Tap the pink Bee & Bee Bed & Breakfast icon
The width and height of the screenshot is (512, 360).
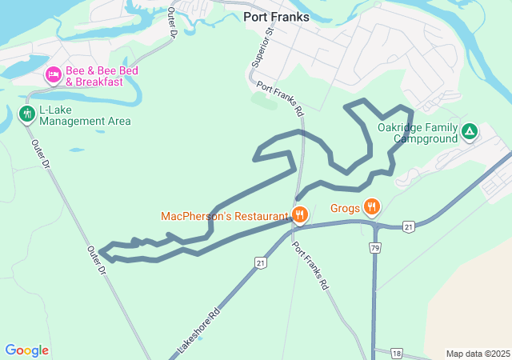(x=54, y=75)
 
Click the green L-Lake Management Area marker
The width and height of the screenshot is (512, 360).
(x=26, y=114)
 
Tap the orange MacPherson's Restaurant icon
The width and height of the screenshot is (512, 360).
(x=300, y=214)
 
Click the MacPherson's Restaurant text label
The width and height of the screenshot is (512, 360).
(x=224, y=216)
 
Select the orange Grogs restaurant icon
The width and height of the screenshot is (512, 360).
(x=371, y=207)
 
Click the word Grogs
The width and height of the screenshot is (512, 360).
(x=345, y=208)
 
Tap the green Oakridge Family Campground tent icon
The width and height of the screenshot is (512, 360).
(x=470, y=130)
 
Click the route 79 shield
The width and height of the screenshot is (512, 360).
(x=375, y=249)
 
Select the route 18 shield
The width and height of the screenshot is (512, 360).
(x=398, y=353)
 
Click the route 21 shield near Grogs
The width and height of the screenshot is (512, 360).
(x=408, y=226)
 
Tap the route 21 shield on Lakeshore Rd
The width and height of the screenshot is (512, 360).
(x=260, y=262)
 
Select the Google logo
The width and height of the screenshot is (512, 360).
(x=26, y=350)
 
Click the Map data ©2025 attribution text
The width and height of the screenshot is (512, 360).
(x=477, y=354)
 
